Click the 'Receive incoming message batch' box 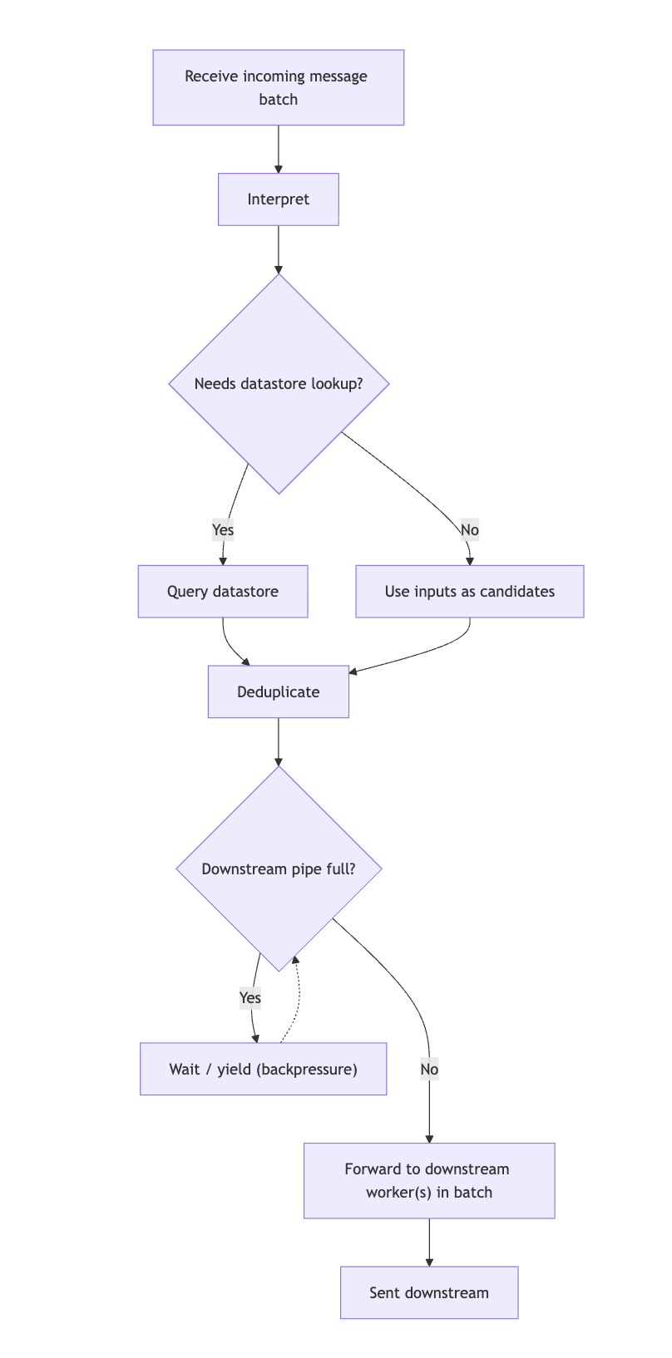pyautogui.click(x=278, y=87)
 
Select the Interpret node pyautogui.click(x=278, y=199)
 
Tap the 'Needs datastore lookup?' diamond pyautogui.click(x=279, y=384)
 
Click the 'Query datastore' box pyautogui.click(x=223, y=592)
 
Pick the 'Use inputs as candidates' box pyautogui.click(x=469, y=592)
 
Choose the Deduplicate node pyautogui.click(x=278, y=691)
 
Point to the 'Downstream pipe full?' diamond pyautogui.click(x=279, y=868)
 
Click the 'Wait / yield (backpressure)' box pyautogui.click(x=263, y=1069)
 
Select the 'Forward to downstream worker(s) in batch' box pyautogui.click(x=428, y=1180)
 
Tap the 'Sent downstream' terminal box pyautogui.click(x=428, y=1292)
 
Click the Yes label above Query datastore pyautogui.click(x=223, y=529)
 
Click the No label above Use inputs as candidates pyautogui.click(x=469, y=529)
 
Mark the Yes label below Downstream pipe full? pyautogui.click(x=250, y=997)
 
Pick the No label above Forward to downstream pyautogui.click(x=428, y=1069)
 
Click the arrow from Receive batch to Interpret pyautogui.click(x=278, y=150)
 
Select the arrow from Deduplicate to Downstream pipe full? pyautogui.click(x=278, y=741)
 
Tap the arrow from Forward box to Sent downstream pyautogui.click(x=428, y=1242)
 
